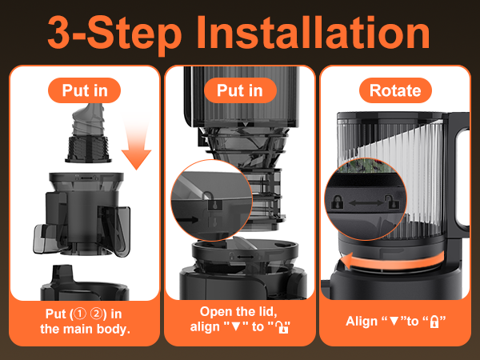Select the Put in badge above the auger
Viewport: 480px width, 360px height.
84,90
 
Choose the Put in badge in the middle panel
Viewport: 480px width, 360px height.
240,90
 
